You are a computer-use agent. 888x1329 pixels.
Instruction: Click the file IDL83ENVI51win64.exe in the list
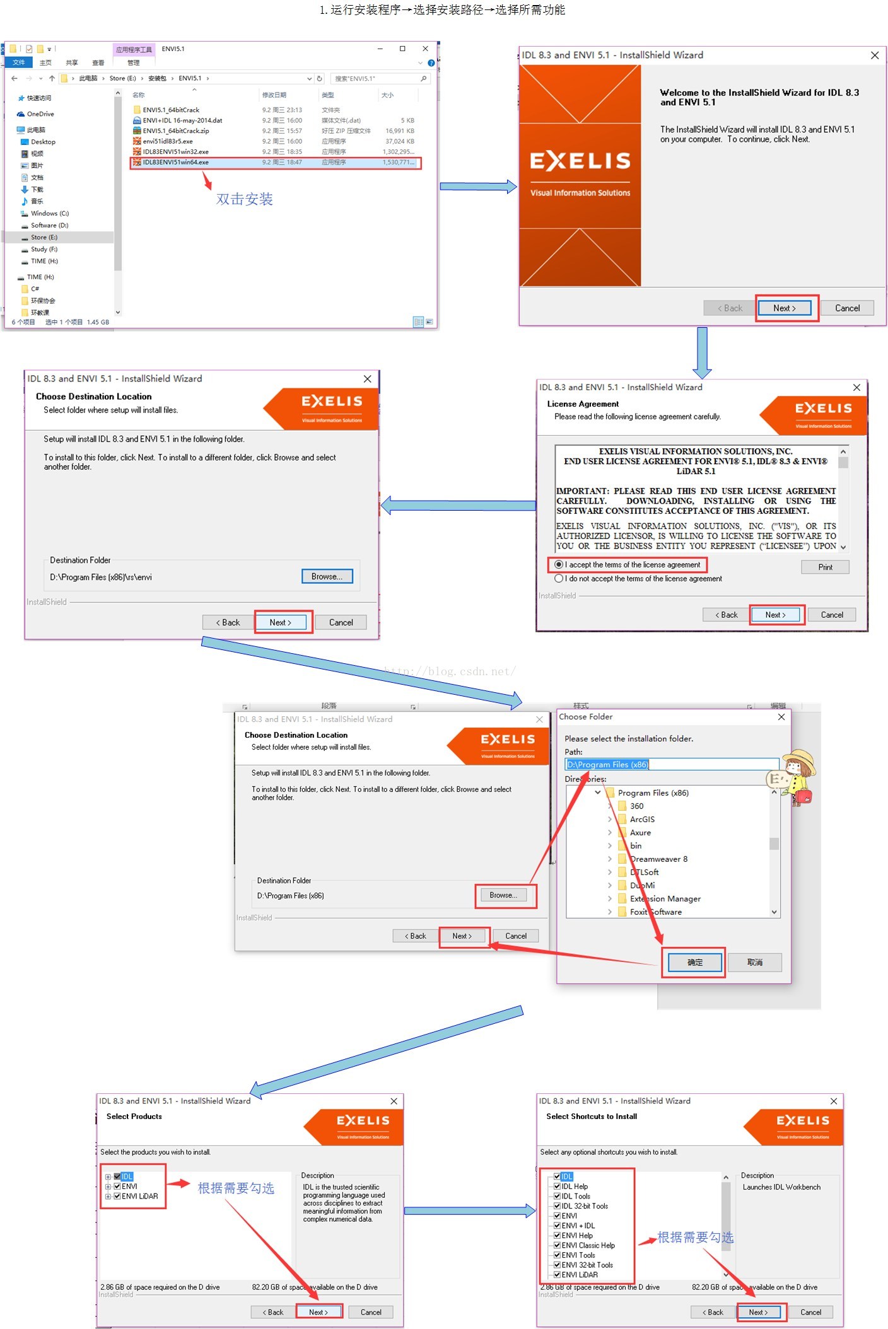(176, 163)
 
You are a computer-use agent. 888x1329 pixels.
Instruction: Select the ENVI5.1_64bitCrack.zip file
(176, 131)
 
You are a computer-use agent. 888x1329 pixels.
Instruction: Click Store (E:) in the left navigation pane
(44, 238)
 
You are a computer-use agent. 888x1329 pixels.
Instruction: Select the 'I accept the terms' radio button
(559, 565)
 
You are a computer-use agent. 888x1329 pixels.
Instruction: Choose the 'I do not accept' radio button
(559, 579)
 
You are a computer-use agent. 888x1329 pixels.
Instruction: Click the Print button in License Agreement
(825, 567)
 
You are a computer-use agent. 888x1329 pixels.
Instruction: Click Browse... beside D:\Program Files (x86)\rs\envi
(327, 577)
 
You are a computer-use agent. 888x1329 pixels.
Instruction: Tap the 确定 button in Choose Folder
(694, 963)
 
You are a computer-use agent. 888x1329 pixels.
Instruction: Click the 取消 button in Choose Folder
(755, 963)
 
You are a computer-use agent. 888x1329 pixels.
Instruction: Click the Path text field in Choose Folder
(671, 765)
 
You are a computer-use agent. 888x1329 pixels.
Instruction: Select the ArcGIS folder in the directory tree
(642, 820)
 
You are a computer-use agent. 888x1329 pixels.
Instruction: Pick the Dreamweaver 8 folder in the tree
(658, 859)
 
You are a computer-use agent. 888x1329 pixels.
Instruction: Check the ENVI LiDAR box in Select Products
(117, 1196)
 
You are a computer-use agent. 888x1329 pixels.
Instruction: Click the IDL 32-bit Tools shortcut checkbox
(558, 1206)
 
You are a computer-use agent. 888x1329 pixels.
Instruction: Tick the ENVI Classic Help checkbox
(558, 1245)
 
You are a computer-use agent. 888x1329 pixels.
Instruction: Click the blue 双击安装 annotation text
(244, 199)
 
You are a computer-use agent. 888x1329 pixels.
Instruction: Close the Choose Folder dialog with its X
(781, 717)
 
